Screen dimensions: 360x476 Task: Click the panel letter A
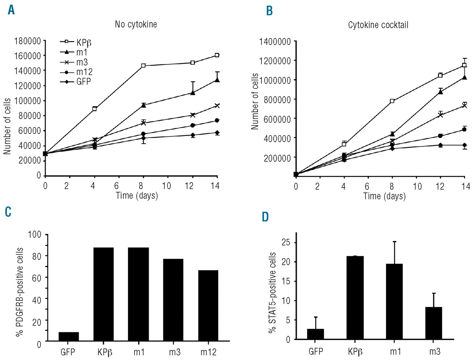tap(12, 10)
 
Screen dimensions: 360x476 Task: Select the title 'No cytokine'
tap(136, 25)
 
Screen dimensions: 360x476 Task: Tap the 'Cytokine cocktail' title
tap(378, 25)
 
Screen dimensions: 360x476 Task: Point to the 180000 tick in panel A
tap(27, 41)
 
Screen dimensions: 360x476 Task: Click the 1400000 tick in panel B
tap(275, 42)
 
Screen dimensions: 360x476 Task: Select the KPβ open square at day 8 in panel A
tap(143, 66)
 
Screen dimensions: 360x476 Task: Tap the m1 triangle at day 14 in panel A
tap(217, 80)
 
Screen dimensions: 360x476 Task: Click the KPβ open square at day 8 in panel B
tap(392, 101)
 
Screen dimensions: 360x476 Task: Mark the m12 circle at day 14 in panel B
tap(464, 129)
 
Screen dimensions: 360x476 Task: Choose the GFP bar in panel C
tap(69, 336)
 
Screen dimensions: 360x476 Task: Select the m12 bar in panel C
tap(208, 305)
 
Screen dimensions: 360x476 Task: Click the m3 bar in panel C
tap(173, 300)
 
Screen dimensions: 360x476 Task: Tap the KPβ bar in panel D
tap(355, 298)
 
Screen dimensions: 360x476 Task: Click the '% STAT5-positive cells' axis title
tap(273, 293)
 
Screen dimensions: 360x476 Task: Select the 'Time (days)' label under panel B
tap(384, 196)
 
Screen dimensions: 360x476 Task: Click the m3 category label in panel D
tap(434, 351)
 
